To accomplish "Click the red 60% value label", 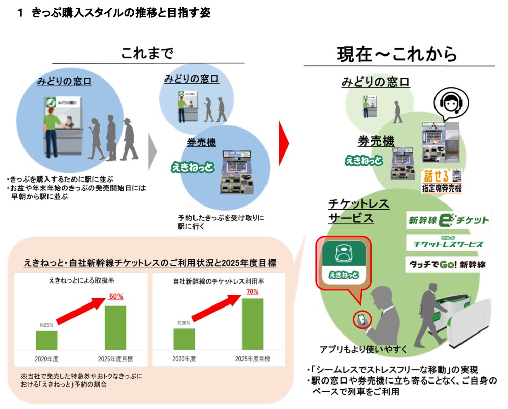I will tap(116, 296).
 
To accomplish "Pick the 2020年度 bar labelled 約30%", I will tap(184, 339).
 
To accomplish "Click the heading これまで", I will tap(147, 54).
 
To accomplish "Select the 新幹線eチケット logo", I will tap(448, 221).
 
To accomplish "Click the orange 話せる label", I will tap(436, 176).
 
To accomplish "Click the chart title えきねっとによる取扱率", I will tap(81, 281).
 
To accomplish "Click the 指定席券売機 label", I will tap(441, 189).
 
